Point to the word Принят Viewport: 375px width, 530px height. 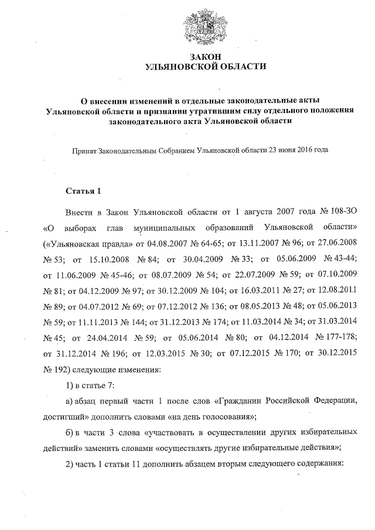83,150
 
